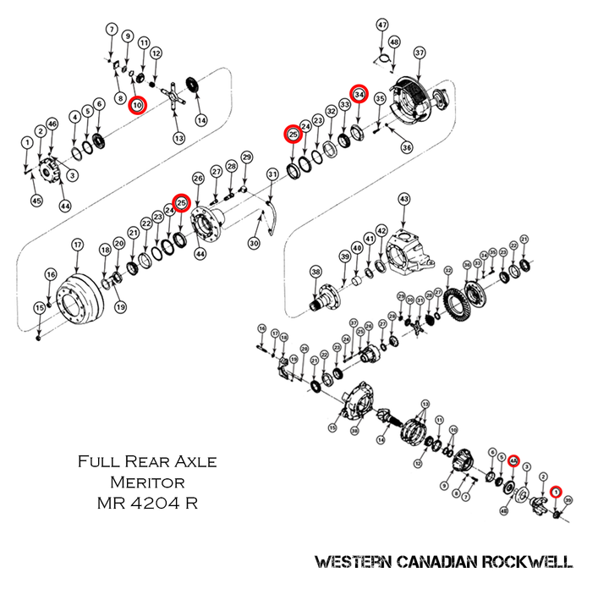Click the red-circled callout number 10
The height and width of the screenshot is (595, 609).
coord(138,105)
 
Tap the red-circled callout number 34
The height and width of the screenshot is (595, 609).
coord(359,94)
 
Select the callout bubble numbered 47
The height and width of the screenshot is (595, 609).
coord(381,25)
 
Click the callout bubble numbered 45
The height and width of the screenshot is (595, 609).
coord(36,201)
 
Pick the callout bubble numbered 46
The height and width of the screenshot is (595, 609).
coord(52,124)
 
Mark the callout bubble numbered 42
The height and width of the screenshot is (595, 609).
coord(382,231)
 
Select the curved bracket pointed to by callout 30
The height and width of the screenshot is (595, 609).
coord(268,218)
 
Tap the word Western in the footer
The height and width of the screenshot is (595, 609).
coord(351,562)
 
